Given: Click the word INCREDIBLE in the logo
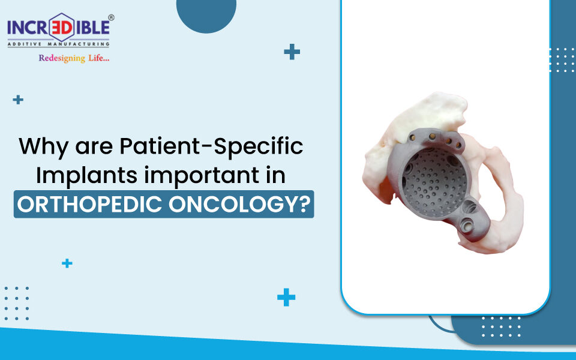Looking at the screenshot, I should [58, 27].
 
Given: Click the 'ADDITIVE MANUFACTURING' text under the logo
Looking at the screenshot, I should [58, 43].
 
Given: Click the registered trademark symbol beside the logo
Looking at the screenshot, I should [112, 18].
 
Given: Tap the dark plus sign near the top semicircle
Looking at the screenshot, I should [292, 52].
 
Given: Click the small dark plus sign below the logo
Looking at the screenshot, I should [18, 100].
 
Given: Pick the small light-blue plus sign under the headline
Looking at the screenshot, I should [67, 263].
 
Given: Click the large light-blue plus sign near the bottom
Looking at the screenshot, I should [286, 297].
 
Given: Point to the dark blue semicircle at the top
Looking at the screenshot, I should [206, 13].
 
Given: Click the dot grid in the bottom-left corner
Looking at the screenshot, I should [16, 303].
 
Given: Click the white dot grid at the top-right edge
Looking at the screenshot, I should [562, 60].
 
